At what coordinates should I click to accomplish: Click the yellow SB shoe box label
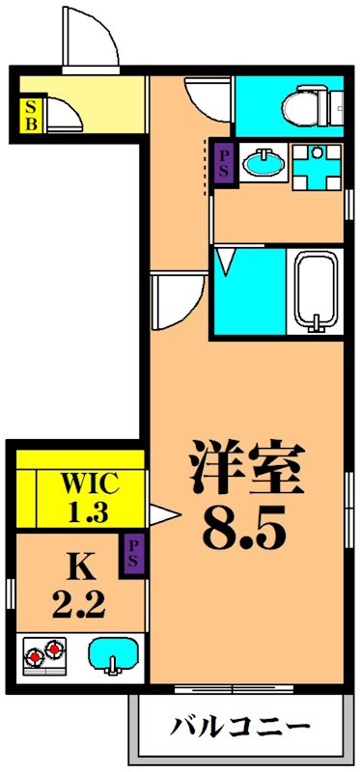click(x=31, y=115)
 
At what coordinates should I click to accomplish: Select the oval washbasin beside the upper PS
click(x=264, y=162)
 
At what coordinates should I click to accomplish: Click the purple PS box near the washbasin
click(x=224, y=164)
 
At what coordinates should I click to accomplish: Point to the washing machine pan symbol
click(x=317, y=167)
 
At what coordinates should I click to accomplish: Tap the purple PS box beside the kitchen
click(x=132, y=556)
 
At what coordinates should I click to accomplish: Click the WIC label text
click(x=89, y=485)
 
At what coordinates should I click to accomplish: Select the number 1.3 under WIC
click(x=89, y=512)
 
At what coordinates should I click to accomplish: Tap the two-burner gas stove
click(x=45, y=655)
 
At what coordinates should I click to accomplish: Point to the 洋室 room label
click(x=246, y=467)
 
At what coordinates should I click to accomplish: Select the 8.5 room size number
click(x=244, y=528)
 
